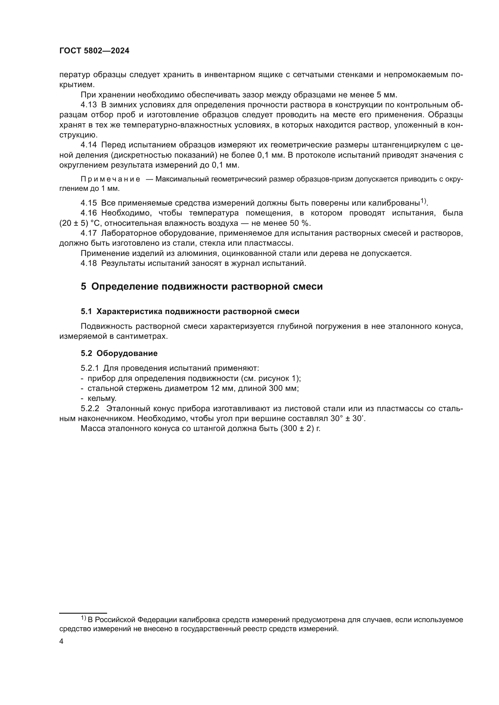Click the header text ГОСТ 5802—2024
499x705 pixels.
pos(94,51)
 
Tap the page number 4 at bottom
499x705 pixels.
pos(62,641)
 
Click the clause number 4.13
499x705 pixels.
pos(88,105)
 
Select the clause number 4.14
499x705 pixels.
pos(88,145)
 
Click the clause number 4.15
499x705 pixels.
pos(88,203)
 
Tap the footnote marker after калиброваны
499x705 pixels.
pos(423,201)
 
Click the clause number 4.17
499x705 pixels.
pos(88,233)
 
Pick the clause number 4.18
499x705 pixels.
pos(88,263)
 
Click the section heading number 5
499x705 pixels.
pos(84,287)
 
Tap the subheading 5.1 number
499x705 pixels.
pos(86,312)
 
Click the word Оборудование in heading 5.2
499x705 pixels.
pos(127,354)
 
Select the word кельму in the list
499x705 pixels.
pos(102,398)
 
